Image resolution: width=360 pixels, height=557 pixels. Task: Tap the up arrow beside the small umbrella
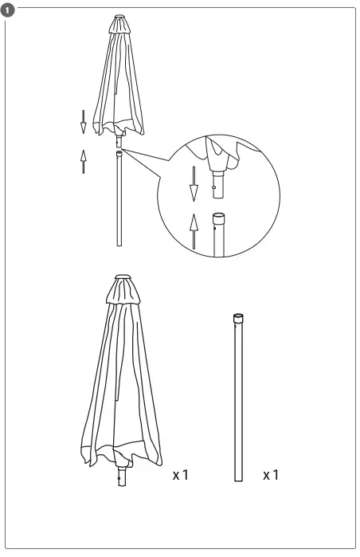83,161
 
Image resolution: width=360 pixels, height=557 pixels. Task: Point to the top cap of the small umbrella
119,16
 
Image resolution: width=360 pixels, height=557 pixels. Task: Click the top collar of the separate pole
237,319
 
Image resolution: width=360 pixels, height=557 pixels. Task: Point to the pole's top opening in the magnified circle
219,215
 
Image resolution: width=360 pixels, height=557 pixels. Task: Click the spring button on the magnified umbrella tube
215,189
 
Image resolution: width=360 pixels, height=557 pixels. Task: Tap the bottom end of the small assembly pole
119,244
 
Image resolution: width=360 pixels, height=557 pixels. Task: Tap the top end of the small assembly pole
119,153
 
